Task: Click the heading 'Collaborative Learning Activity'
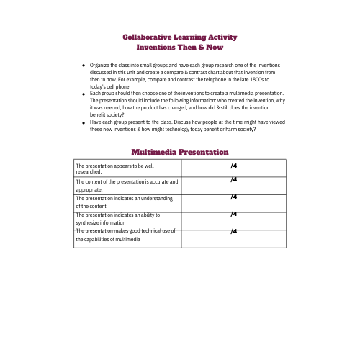[x=180, y=37]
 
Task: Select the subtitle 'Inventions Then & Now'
[x=180, y=47]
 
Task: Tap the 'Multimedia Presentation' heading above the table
[x=180, y=152]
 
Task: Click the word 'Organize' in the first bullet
[x=100, y=65]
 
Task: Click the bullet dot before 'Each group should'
[x=85, y=94]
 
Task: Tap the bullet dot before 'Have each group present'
[x=85, y=123]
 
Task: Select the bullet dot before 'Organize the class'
[x=85, y=66]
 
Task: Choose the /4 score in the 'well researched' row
[x=234, y=166]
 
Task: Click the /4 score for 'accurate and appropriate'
[x=234, y=180]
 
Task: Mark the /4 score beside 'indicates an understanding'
[x=234, y=197]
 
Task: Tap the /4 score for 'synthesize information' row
[x=234, y=214]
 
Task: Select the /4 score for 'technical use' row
[x=234, y=231]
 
